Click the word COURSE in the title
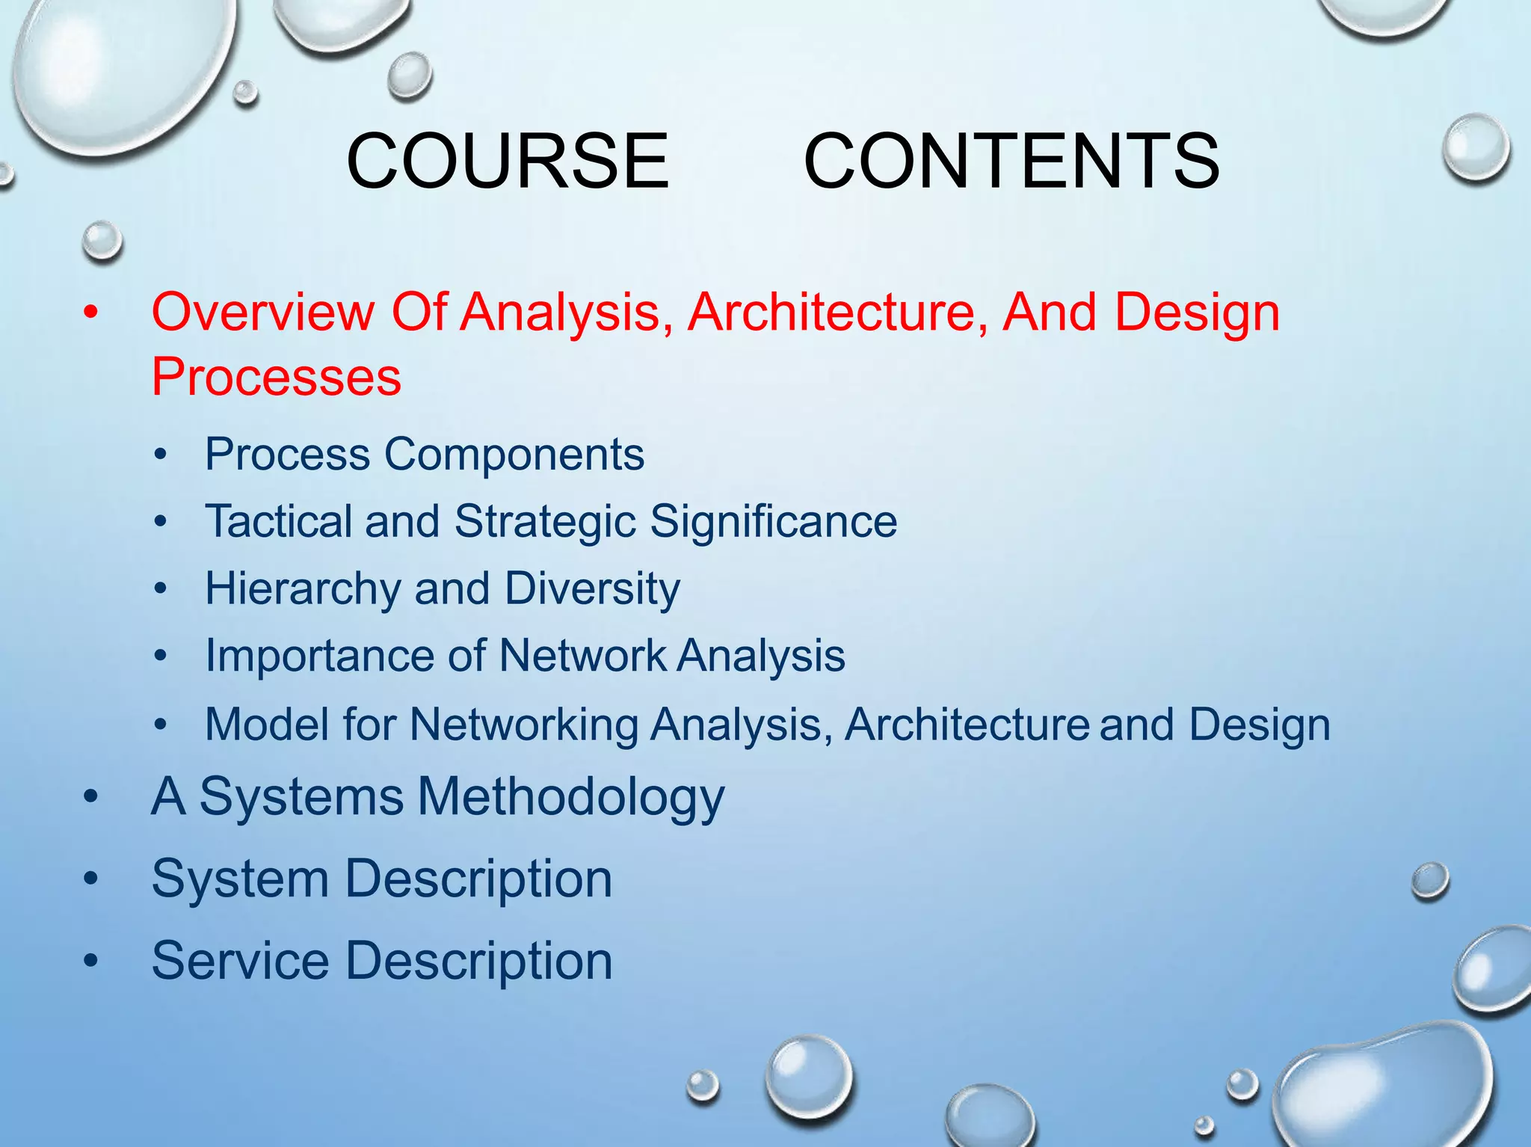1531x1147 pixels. [x=508, y=161]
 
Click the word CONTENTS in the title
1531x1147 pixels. [x=1011, y=161]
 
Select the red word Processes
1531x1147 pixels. [x=276, y=376]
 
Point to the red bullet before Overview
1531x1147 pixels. [x=91, y=313]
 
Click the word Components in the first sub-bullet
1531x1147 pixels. [x=514, y=454]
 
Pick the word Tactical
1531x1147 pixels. [x=278, y=521]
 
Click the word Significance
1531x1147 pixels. [x=773, y=521]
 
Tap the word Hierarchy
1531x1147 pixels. [x=303, y=588]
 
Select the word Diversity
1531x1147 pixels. [x=592, y=588]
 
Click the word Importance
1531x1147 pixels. [x=319, y=656]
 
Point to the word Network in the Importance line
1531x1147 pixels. [x=582, y=656]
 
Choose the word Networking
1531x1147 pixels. [x=523, y=725]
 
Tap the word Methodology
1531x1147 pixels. [x=571, y=796]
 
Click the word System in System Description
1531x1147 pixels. [x=240, y=879]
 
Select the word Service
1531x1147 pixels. [x=240, y=960]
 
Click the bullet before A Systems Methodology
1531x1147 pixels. [x=91, y=798]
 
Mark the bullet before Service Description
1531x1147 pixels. [x=91, y=962]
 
